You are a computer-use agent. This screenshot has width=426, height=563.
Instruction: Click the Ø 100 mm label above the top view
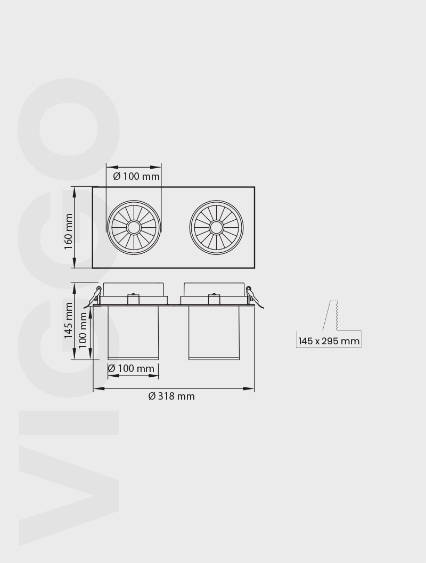(x=136, y=176)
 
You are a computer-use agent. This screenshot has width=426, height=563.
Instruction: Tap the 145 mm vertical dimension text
(x=68, y=320)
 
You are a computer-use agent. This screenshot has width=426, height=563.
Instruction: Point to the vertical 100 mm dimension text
(x=83, y=330)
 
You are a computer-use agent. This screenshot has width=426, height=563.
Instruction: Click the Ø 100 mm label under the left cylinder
(x=131, y=368)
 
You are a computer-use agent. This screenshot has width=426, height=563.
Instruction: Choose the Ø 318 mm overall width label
(x=171, y=396)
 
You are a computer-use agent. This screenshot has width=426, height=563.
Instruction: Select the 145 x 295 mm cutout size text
(x=329, y=341)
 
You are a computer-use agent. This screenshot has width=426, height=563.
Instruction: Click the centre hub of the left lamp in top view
(x=133, y=228)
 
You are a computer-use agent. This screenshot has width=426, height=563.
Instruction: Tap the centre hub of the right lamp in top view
(x=216, y=228)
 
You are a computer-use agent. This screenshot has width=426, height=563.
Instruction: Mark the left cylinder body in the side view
(x=133, y=332)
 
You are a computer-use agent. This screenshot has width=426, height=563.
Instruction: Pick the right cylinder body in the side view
(x=214, y=332)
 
